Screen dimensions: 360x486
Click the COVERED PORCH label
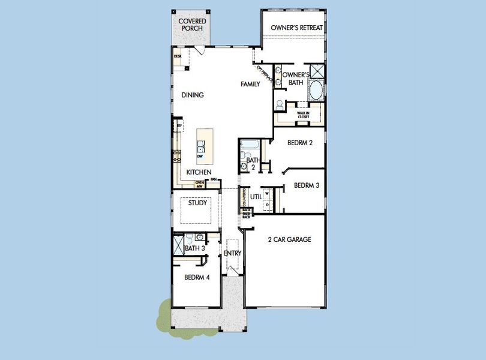point(191,25)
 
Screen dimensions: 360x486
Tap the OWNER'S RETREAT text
point(296,28)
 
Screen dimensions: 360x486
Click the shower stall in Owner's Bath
point(316,71)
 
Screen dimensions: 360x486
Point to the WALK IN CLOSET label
point(303,114)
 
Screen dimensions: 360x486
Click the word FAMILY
point(250,84)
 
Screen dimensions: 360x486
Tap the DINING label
point(193,95)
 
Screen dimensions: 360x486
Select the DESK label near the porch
point(178,56)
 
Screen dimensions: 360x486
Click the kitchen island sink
point(200,145)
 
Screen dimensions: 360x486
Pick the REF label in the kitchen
point(178,126)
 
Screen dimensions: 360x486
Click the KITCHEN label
point(199,172)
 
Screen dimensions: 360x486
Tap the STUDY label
point(197,203)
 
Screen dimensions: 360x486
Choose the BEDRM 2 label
point(300,143)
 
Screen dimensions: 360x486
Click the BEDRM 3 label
point(306,186)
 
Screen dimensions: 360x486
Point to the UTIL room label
point(256,196)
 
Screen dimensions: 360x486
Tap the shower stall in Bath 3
point(178,245)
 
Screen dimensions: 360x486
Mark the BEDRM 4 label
point(196,277)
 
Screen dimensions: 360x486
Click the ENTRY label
point(232,253)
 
